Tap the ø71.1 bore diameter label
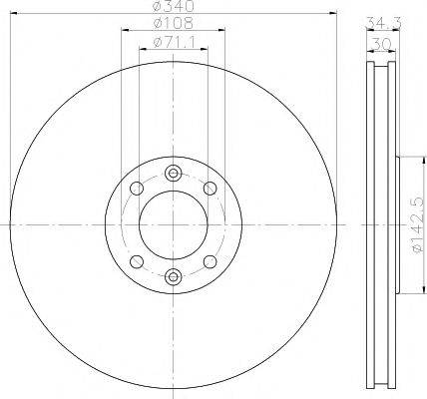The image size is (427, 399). point(171,42)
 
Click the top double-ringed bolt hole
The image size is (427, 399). point(173,172)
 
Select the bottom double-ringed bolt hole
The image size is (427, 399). point(173,277)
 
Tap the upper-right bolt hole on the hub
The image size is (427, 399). point(210,188)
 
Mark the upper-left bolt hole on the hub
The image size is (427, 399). point(136,188)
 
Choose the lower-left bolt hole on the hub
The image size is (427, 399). point(136,261)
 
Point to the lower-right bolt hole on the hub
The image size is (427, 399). point(210,261)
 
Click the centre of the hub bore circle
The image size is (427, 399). point(173,224)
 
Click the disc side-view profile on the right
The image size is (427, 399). point(379,224)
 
